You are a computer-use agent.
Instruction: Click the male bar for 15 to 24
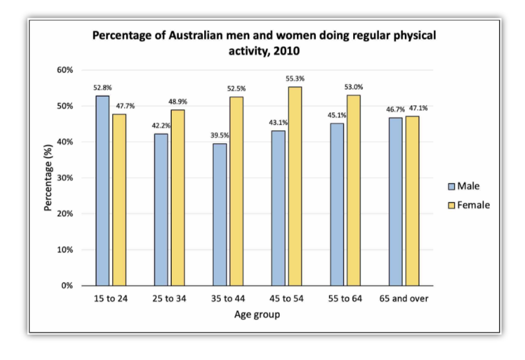103,190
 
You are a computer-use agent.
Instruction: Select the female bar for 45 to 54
295,186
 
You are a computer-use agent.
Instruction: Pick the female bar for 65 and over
412,201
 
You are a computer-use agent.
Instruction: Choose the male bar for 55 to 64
337,204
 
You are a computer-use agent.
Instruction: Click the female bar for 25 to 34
178,197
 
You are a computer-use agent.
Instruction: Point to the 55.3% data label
295,79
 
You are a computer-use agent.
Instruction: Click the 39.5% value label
219,135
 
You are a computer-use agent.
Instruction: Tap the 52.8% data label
103,88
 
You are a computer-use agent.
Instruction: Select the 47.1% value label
418,109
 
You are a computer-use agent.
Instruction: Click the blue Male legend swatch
451,187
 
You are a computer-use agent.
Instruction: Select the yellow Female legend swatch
451,205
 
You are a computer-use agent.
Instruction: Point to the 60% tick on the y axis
65,70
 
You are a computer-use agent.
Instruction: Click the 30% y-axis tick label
65,178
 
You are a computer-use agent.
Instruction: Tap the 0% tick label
67,286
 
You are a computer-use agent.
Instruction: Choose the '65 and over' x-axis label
404,299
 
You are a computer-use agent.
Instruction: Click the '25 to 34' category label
169,299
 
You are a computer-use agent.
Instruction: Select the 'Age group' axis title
257,315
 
